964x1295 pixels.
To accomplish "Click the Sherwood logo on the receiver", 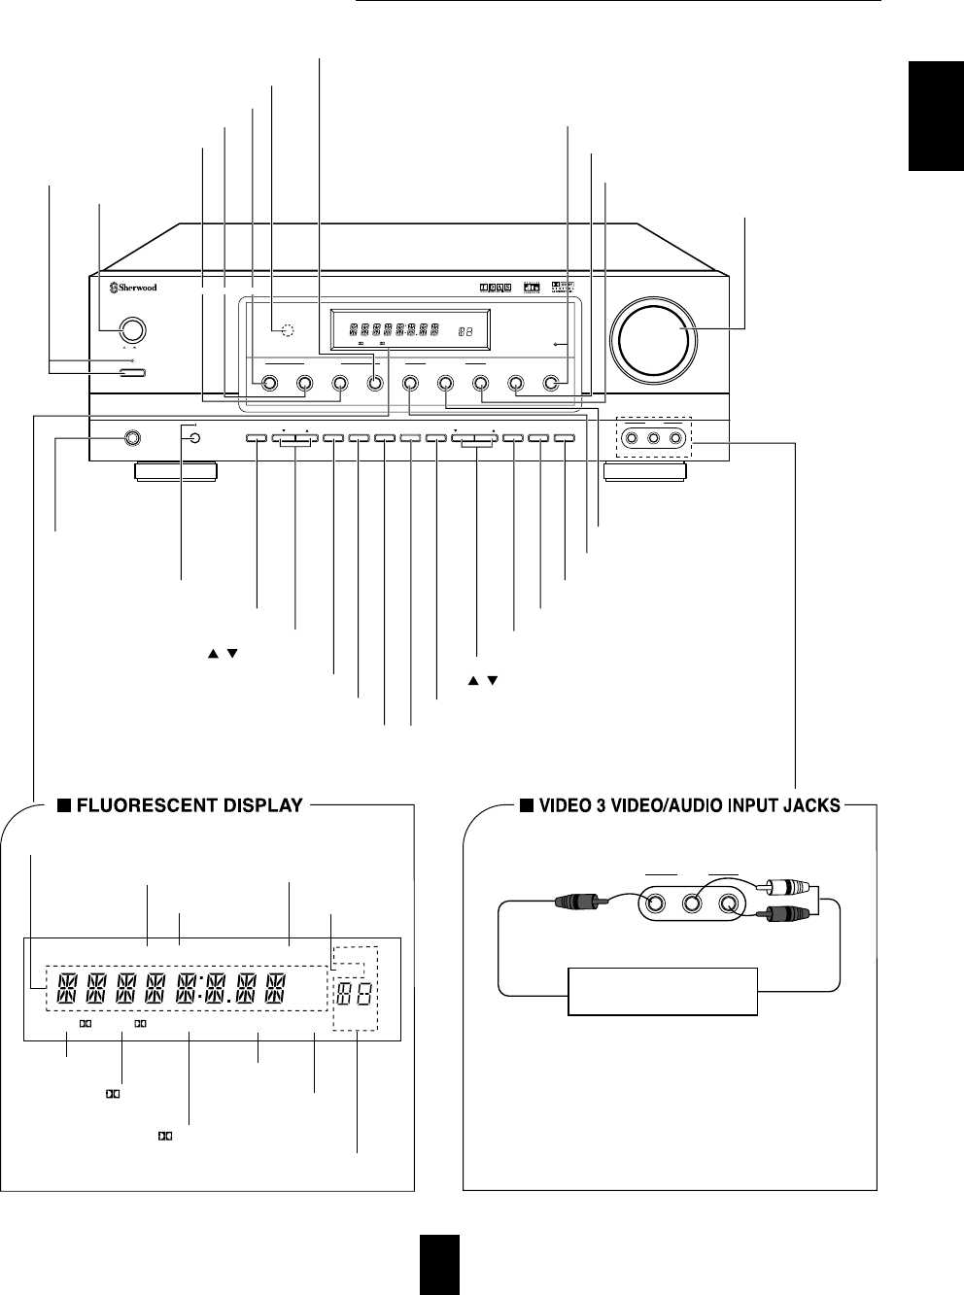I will (x=133, y=287).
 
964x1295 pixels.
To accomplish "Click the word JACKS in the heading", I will (x=813, y=804).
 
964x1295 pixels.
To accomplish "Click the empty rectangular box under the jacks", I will (x=662, y=991).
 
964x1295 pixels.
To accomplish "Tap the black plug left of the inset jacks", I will (x=579, y=903).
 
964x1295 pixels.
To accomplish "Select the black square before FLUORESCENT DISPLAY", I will (x=61, y=804).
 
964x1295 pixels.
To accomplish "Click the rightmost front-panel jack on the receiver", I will (x=675, y=438).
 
